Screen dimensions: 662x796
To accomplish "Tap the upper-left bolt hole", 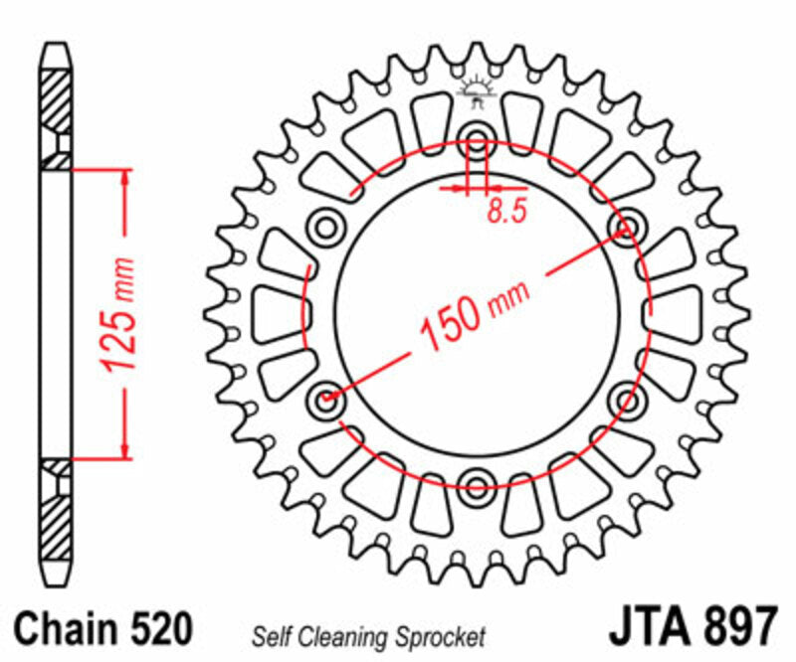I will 325,227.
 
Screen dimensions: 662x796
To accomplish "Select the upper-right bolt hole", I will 628,227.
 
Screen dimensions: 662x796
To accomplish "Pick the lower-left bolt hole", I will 325,401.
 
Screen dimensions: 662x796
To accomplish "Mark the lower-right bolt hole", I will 628,401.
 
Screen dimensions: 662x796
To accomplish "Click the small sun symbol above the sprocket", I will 476,92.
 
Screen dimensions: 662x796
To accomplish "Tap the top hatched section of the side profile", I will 56,109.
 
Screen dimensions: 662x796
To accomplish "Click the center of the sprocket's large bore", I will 477,313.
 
